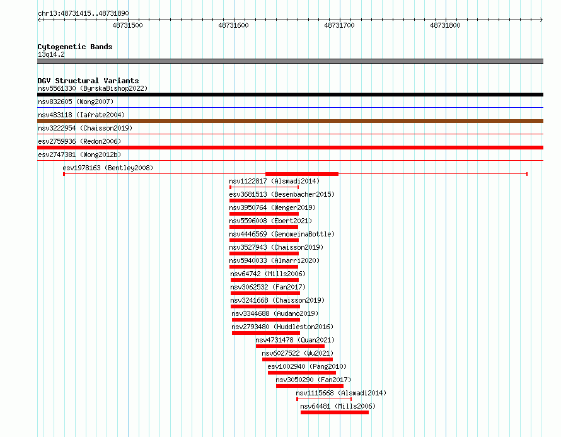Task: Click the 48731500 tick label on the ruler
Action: coord(127,25)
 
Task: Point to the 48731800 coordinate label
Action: coord(445,25)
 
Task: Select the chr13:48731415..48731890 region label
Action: coord(83,14)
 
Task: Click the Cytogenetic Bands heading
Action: coord(75,47)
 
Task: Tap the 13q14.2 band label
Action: coord(51,54)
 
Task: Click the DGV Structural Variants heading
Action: coord(88,81)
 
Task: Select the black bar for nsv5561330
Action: coord(290,95)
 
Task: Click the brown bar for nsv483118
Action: coord(290,121)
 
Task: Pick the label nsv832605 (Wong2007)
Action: coord(76,102)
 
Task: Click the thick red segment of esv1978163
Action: coord(302,174)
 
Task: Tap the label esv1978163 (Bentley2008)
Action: coord(108,168)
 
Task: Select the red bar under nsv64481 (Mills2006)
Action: coord(335,412)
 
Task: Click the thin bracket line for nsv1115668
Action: coord(324,399)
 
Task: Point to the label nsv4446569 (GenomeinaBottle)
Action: coord(282,234)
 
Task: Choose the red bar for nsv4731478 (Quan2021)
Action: coord(290,346)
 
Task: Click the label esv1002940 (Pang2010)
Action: coord(307,366)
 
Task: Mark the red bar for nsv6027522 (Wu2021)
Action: coord(298,359)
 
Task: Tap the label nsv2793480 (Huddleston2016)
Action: coord(282,327)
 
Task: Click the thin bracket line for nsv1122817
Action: coord(264,187)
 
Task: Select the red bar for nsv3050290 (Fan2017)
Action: coord(310,386)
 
